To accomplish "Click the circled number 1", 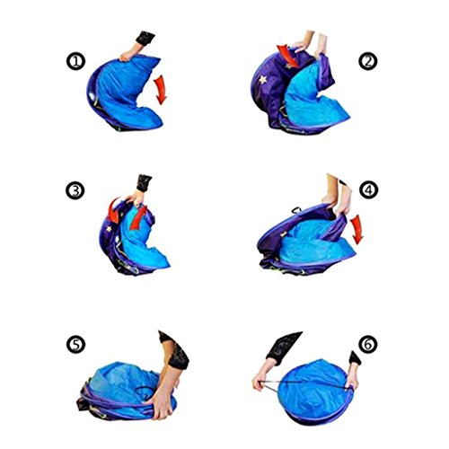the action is (x=75, y=61).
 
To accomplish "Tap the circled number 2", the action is (x=368, y=61).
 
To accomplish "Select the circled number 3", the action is (x=75, y=190).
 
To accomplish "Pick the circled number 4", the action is (x=368, y=189).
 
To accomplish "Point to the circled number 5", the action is (x=75, y=344).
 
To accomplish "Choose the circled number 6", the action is (x=368, y=345).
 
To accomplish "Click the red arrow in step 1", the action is (x=161, y=90).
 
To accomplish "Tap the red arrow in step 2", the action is (x=288, y=56).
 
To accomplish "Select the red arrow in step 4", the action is (x=357, y=229).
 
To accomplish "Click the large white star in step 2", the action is (x=263, y=79).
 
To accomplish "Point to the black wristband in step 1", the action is (x=145, y=38).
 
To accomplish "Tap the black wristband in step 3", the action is (x=144, y=183).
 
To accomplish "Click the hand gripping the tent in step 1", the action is (x=128, y=55).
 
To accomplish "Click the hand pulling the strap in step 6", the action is (x=260, y=381).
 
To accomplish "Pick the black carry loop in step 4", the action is (x=296, y=210).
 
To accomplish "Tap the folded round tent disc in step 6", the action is (x=316, y=392).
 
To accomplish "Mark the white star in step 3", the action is (x=109, y=229).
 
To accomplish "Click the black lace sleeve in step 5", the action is (x=176, y=350).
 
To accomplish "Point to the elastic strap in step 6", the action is (x=303, y=384).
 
